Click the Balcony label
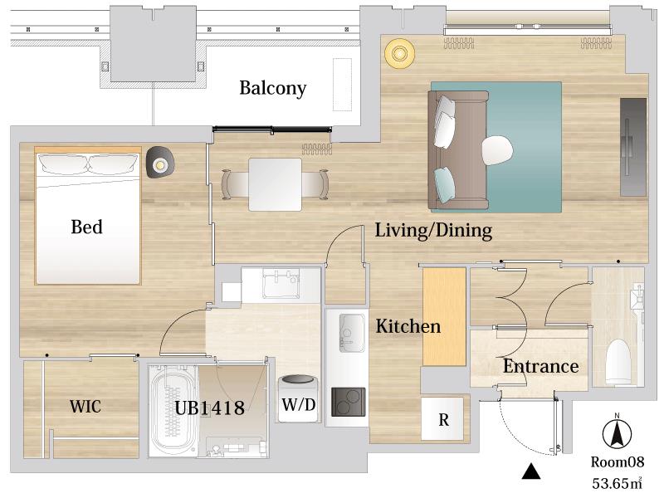(x=273, y=88)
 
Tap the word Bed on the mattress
(x=87, y=227)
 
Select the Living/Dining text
(x=433, y=231)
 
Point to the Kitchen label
(x=408, y=326)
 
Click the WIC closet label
(x=85, y=407)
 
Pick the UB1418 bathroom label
(x=210, y=408)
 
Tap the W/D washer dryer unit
(x=299, y=398)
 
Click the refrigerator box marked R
(x=442, y=418)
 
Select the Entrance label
(x=541, y=366)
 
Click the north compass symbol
(x=617, y=433)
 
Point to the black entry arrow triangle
(x=531, y=471)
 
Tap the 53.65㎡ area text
(x=617, y=483)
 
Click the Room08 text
(x=618, y=461)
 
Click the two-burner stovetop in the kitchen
(x=348, y=402)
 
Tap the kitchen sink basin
(x=351, y=333)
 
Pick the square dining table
(x=276, y=184)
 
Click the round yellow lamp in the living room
(x=399, y=53)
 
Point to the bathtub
(x=173, y=411)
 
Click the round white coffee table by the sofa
(x=497, y=151)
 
